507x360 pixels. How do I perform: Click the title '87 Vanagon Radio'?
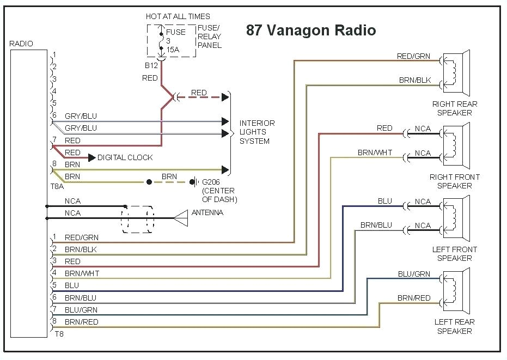point(311,30)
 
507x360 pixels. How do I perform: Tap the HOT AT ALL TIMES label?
point(178,16)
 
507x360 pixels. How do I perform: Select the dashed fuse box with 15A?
point(170,40)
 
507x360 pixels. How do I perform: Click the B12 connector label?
point(151,66)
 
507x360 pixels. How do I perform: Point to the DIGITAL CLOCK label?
point(125,157)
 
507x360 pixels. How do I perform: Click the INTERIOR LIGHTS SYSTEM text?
point(257,132)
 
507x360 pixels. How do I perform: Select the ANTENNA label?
point(207,212)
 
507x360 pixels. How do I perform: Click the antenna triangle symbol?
point(181,218)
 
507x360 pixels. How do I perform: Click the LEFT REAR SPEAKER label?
point(454,326)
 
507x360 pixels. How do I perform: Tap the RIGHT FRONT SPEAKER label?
point(454,181)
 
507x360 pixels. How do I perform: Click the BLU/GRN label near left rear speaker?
point(414,274)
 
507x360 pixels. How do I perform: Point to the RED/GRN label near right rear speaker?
point(413,56)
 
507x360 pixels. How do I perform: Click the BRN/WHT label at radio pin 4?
point(82,273)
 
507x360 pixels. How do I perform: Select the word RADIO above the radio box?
point(21,44)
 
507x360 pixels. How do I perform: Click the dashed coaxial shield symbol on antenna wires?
point(137,219)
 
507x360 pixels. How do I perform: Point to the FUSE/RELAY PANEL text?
point(209,36)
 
